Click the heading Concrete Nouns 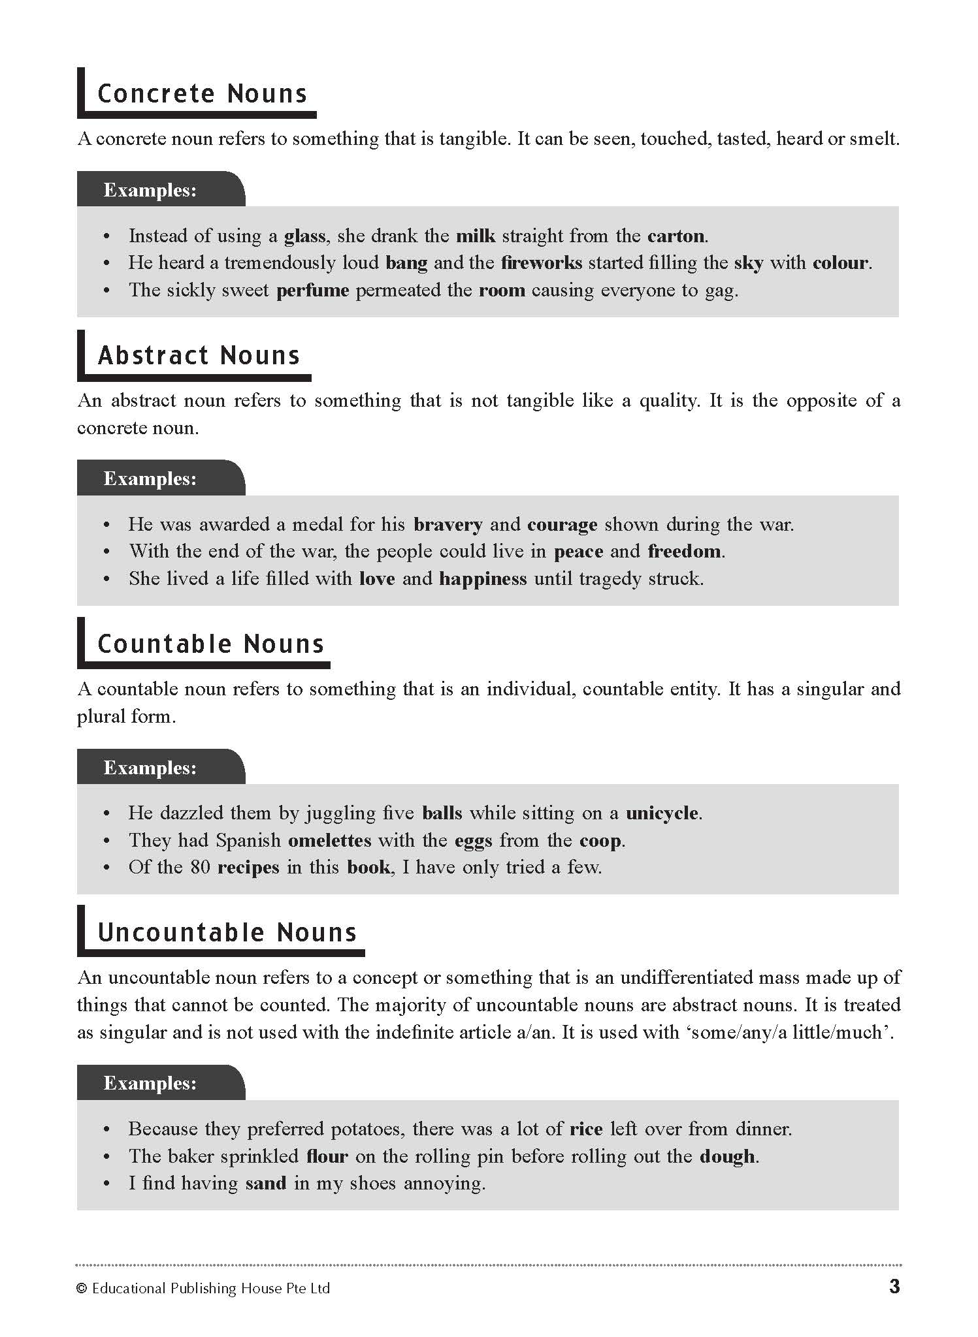(202, 93)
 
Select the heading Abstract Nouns (199, 355)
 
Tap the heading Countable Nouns (210, 644)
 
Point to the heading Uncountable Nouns (227, 932)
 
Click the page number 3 (894, 1286)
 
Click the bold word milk (476, 236)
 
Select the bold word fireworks (541, 262)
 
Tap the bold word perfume (313, 290)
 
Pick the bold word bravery (448, 524)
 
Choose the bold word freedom (684, 552)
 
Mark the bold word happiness (483, 579)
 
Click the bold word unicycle (662, 813)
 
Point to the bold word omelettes (329, 840)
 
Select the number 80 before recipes (201, 868)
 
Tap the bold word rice (586, 1129)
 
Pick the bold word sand (266, 1184)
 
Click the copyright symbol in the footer (82, 1288)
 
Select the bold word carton (676, 236)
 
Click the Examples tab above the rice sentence (150, 1083)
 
